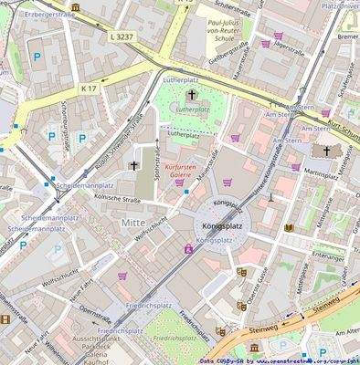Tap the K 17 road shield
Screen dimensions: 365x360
pyautogui.click(x=89, y=89)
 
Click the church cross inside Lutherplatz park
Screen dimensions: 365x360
pyautogui.click(x=192, y=95)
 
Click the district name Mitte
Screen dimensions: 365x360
pyautogui.click(x=132, y=222)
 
